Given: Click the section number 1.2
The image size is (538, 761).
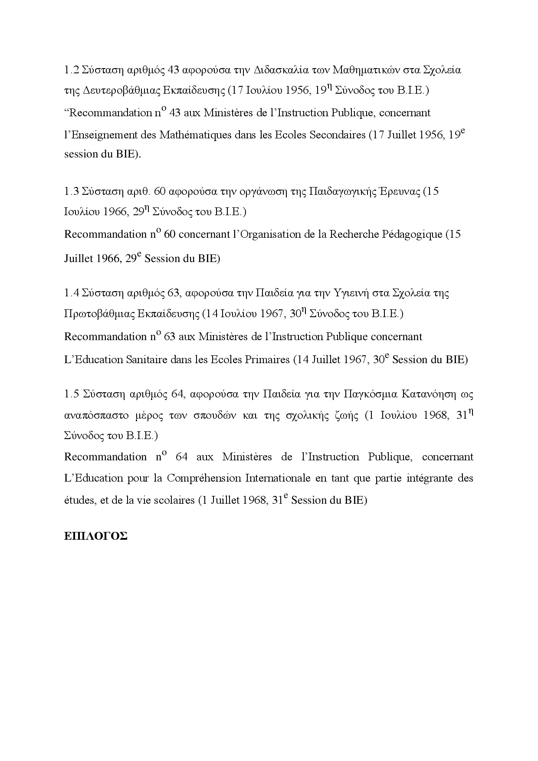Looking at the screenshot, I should click(x=71, y=70).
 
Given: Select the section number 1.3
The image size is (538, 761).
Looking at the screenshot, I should click(x=71, y=191).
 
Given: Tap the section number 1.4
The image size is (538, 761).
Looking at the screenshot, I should click(x=71, y=293).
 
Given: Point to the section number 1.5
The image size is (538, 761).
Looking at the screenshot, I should click(x=71, y=394).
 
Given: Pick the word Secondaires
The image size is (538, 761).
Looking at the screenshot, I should click(x=338, y=135).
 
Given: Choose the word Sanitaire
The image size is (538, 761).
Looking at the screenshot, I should click(x=148, y=360).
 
